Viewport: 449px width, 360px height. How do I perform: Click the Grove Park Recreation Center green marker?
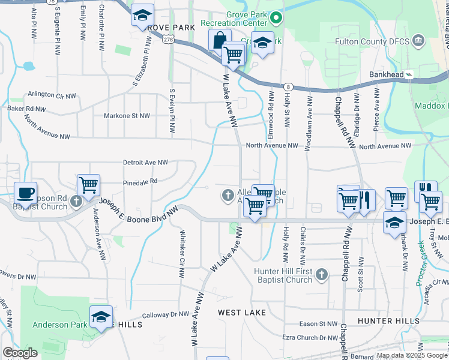pos(276,18)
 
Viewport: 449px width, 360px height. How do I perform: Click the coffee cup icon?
pos(25,193)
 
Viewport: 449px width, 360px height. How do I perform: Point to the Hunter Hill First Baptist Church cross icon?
pos(322,275)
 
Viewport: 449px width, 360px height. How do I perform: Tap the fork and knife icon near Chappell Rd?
pos(364,199)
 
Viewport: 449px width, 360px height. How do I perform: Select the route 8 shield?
pos(289,87)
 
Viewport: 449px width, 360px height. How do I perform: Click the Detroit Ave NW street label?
pos(145,163)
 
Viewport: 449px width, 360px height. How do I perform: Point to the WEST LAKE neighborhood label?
pos(241,313)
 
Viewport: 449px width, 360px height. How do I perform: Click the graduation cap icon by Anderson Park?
pos(101,316)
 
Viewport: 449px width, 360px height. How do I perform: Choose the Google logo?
pos(20,353)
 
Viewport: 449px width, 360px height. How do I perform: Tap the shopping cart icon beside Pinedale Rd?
pos(88,184)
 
